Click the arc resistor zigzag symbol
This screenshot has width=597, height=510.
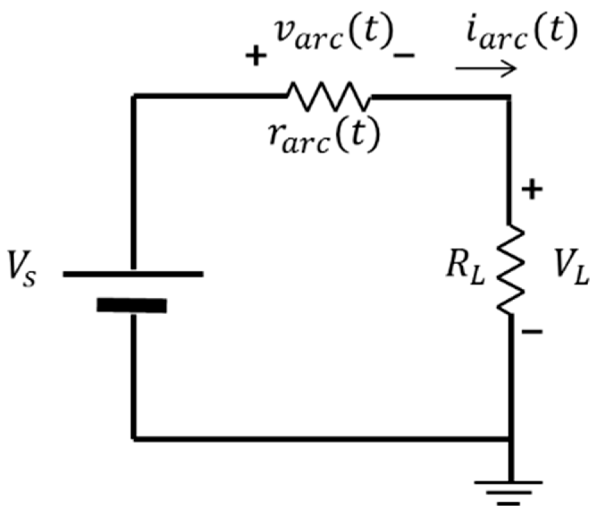tap(329, 97)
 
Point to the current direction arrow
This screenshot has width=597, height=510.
tap(486, 68)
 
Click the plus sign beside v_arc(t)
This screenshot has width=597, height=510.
tap(256, 56)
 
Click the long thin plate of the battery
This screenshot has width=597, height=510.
tap(133, 274)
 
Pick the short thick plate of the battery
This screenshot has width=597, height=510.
tap(132, 305)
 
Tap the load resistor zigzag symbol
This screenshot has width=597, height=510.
tap(511, 269)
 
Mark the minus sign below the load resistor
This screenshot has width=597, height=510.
tap(532, 332)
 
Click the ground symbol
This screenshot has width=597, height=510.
tap(509, 494)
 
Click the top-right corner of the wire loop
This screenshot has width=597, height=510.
tap(509, 97)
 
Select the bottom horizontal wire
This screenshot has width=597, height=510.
tap(321, 438)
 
